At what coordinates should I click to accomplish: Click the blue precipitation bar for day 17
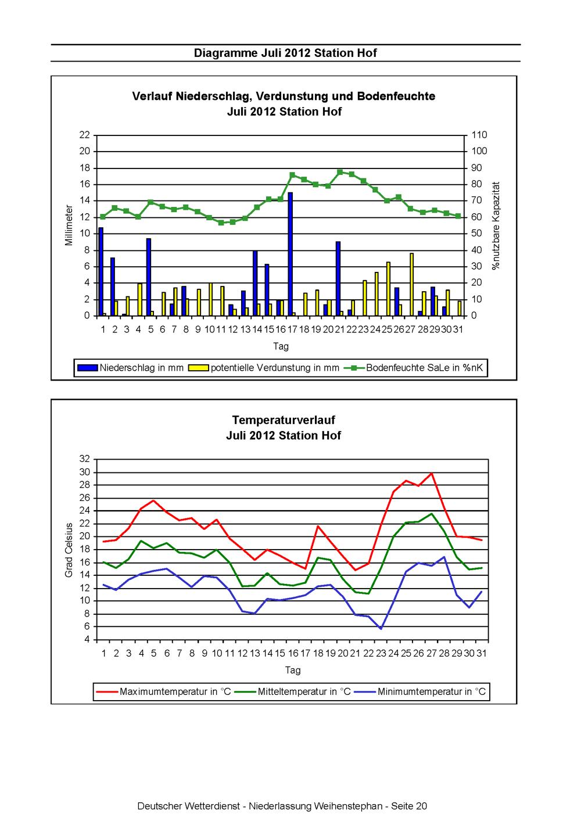[290, 254]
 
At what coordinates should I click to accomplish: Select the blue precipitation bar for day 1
[101, 271]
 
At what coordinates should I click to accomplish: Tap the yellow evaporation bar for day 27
[412, 284]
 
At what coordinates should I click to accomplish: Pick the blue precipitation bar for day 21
[338, 278]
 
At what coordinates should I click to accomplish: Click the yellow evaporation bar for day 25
[388, 288]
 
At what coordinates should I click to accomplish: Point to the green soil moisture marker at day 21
[340, 172]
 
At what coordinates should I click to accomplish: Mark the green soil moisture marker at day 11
[221, 223]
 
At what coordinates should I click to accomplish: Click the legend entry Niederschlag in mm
[130, 368]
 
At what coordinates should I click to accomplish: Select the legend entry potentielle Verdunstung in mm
[264, 368]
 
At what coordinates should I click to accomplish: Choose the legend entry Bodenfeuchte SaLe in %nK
[414, 368]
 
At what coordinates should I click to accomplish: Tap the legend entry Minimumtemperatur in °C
[420, 691]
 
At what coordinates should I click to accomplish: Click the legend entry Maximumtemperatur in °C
[163, 691]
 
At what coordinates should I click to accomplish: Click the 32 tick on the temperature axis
[85, 458]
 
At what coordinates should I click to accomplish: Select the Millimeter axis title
[69, 225]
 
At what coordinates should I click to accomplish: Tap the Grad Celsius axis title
[69, 550]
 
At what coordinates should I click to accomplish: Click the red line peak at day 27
[432, 473]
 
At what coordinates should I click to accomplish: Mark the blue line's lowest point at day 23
[381, 629]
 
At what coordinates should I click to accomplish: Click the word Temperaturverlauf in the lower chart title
[284, 420]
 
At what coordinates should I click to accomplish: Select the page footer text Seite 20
[409, 806]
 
